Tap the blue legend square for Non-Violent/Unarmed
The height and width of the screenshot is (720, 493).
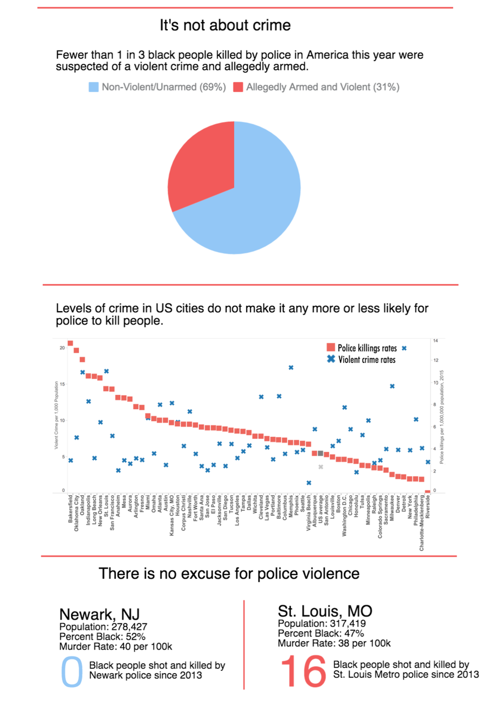94,87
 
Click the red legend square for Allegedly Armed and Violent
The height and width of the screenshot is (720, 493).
238,87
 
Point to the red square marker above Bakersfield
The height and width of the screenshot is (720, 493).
70,343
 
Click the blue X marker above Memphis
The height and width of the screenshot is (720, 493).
291,368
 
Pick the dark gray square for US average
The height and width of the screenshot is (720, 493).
320,454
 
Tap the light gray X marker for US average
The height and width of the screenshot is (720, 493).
320,467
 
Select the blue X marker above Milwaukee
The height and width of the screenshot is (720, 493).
392,386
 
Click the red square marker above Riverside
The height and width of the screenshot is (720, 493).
428,491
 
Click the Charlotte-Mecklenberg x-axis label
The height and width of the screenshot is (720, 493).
422,523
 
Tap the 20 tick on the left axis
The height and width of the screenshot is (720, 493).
62,347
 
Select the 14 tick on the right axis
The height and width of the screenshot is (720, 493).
436,341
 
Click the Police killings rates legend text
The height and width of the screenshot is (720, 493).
367,348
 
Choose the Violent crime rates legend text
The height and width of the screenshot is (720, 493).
367,359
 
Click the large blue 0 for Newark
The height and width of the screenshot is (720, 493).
71,671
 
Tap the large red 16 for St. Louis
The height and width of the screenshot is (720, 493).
303,671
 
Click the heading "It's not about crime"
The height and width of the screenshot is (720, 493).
225,25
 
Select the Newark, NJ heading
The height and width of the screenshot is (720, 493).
100,614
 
